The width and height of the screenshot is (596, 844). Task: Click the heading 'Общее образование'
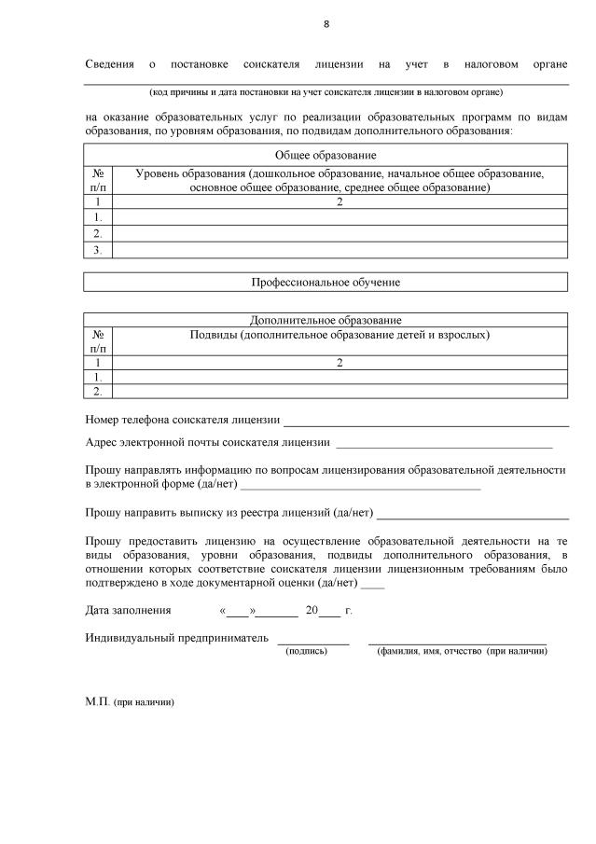[x=326, y=155]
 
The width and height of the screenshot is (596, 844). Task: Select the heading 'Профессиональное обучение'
[x=326, y=282]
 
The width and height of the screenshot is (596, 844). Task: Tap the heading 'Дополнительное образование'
[x=326, y=320]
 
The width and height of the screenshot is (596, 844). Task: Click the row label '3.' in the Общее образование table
[x=97, y=249]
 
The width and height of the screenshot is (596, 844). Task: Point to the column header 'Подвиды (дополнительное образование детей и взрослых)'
[x=340, y=334]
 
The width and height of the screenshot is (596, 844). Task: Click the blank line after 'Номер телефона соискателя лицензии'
[x=425, y=421]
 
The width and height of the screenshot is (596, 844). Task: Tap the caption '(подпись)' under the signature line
[x=306, y=650]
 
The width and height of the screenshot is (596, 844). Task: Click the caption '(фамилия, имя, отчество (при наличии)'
[x=462, y=650]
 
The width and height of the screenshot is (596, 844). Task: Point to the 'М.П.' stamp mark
[x=97, y=700]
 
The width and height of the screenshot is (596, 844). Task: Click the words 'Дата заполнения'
[x=128, y=611]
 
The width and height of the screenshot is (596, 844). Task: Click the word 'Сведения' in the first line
[x=109, y=64]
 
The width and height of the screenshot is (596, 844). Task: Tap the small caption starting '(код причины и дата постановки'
[x=326, y=91]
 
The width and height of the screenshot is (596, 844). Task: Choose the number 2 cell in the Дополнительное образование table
[x=340, y=362]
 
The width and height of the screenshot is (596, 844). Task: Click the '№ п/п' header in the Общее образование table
[x=97, y=180]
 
